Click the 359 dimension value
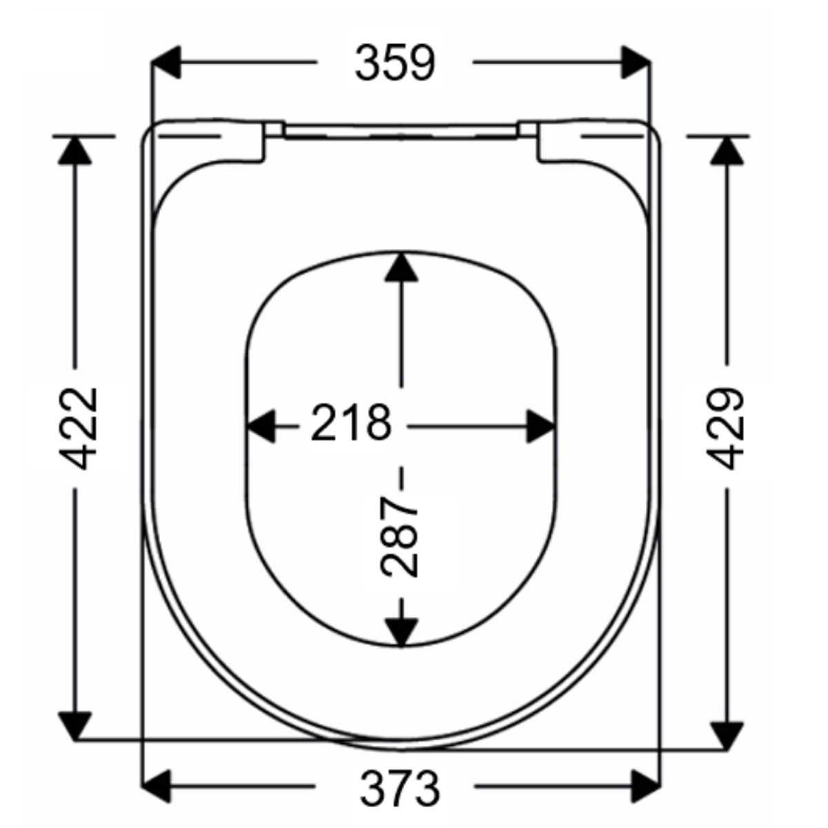(x=395, y=63)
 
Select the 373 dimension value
(x=400, y=787)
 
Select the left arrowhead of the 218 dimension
(x=262, y=426)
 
